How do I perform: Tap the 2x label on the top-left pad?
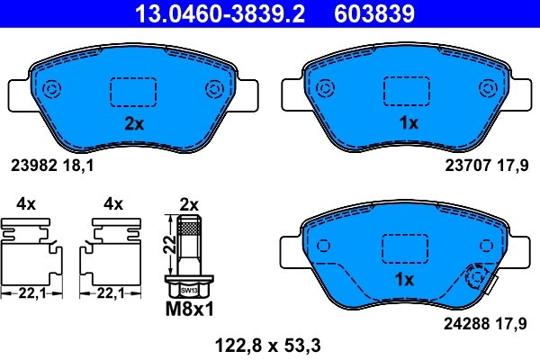(x=133, y=125)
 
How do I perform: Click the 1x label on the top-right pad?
(x=408, y=125)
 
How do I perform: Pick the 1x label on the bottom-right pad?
(x=405, y=280)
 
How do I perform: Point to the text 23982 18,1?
(x=51, y=166)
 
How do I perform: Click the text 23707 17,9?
(x=484, y=166)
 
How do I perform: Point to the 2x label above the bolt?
(x=189, y=204)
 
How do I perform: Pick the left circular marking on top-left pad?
(x=50, y=89)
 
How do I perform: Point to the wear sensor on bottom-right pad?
(x=476, y=280)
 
